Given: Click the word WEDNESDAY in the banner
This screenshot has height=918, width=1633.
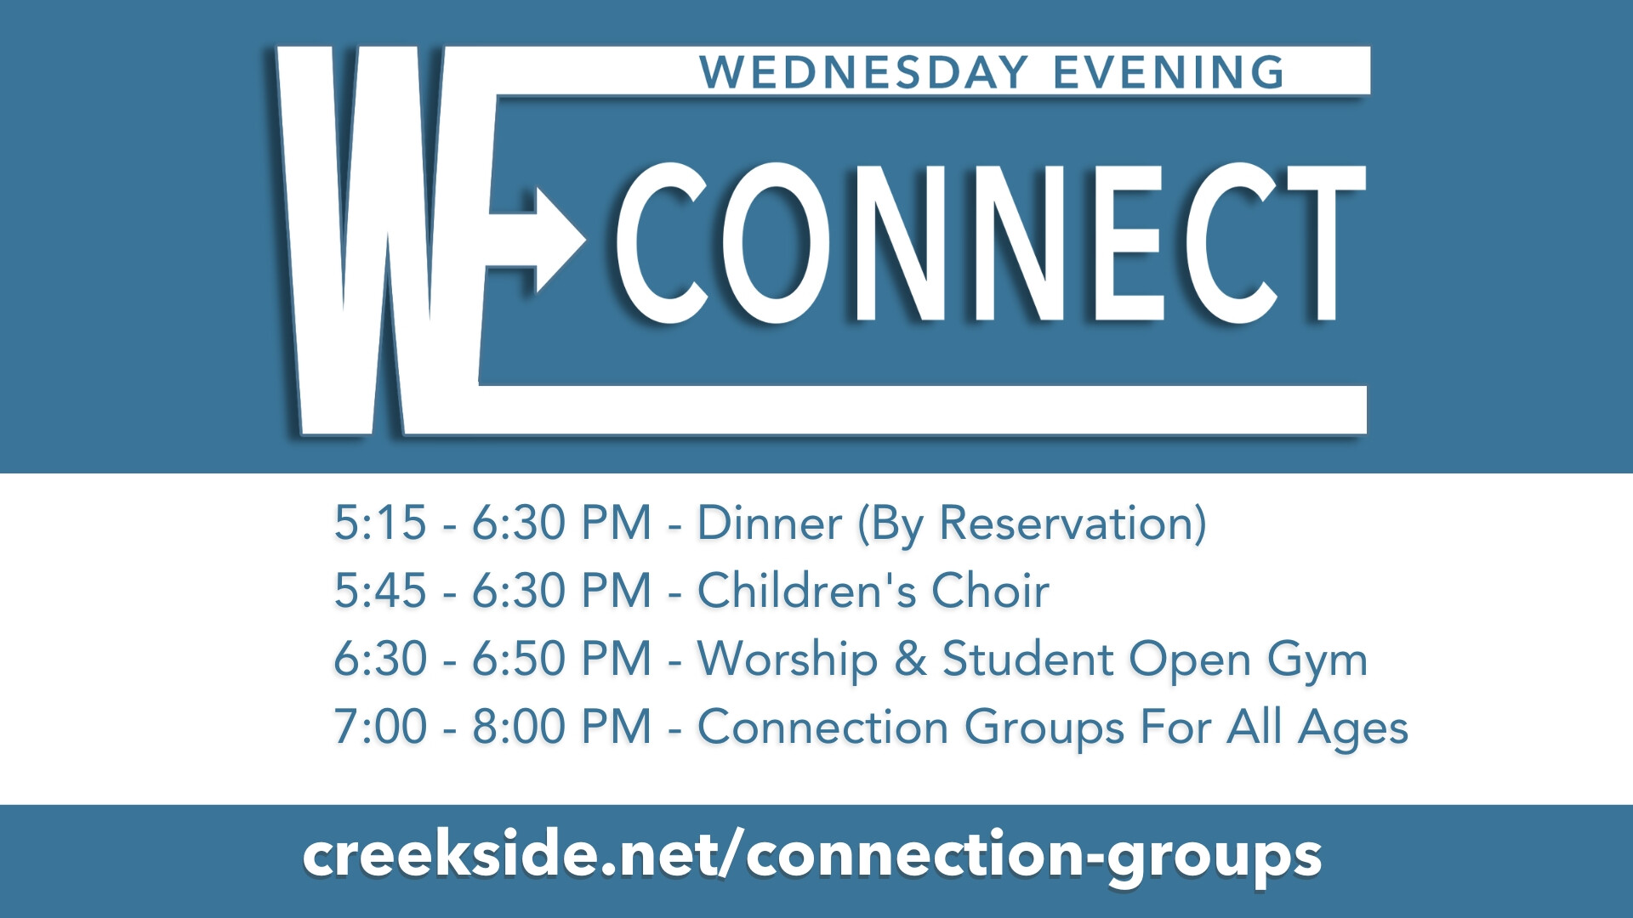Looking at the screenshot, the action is click(x=864, y=72).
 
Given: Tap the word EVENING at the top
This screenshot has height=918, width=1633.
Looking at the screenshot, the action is click(x=1169, y=72).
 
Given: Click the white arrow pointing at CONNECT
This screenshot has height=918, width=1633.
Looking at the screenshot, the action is click(x=538, y=241).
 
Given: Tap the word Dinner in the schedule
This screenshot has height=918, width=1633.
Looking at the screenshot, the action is click(x=770, y=523).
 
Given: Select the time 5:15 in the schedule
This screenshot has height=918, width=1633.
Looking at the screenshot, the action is click(x=380, y=523).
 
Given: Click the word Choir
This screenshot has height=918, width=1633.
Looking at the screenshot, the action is click(x=991, y=591).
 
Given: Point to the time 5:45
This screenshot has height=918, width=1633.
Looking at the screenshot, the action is click(x=380, y=591).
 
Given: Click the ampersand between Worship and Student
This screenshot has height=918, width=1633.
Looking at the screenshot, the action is click(x=911, y=660).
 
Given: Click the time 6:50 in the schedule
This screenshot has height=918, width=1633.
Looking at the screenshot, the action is click(x=519, y=659).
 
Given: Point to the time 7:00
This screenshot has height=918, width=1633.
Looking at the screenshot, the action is click(x=380, y=727).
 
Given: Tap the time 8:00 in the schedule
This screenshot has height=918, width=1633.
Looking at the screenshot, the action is click(x=519, y=727).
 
